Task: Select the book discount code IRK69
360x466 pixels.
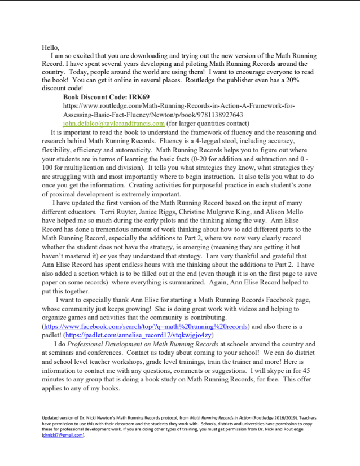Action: tap(136, 97)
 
